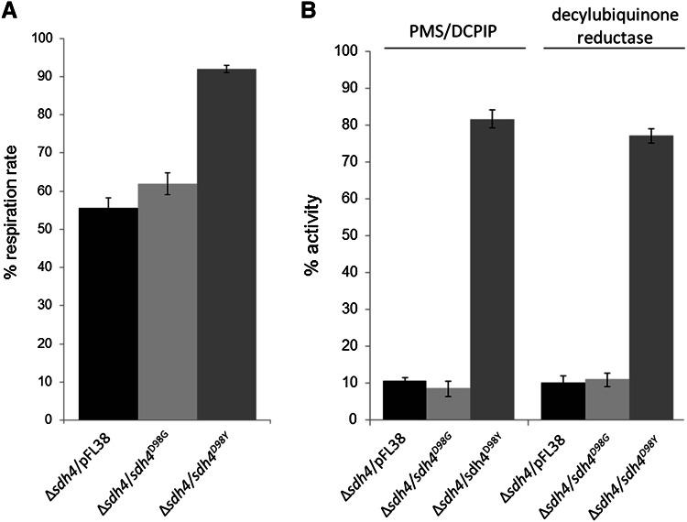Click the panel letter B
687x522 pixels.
pyautogui.click(x=310, y=12)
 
